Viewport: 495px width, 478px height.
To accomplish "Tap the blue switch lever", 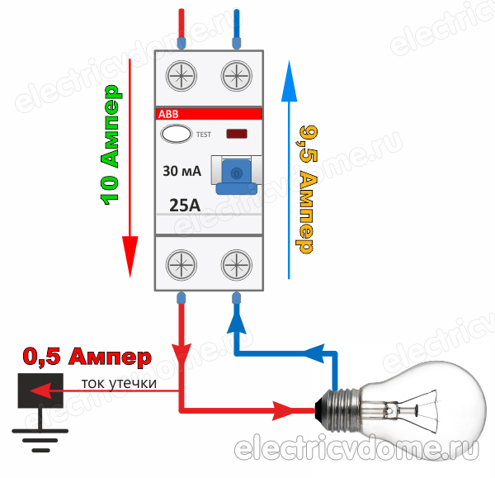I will tap(235, 174).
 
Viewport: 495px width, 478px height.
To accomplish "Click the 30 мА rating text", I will tap(181, 172).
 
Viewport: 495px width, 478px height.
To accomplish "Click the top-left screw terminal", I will tap(181, 77).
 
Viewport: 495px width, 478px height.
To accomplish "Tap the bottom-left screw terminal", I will tap(181, 264).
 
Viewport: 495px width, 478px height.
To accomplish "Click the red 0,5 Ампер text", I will tap(87, 357).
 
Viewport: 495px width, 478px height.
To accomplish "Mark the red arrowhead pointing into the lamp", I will tap(289, 408).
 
